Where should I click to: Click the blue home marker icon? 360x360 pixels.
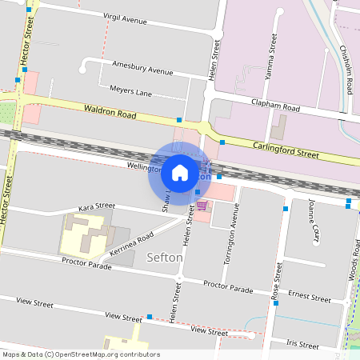(180, 173)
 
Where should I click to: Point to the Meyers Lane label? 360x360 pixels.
(130, 93)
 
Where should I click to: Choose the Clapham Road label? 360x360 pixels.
(274, 106)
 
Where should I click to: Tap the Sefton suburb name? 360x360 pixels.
(166, 258)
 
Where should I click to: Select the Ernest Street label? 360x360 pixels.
(310, 297)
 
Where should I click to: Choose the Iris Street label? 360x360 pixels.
(302, 344)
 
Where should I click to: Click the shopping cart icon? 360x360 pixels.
(202, 206)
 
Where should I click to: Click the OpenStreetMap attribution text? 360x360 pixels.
(80, 354)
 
